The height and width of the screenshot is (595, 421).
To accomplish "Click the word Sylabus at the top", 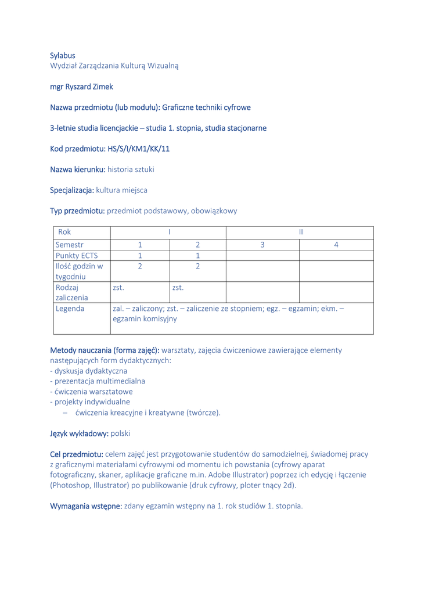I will (x=62, y=56).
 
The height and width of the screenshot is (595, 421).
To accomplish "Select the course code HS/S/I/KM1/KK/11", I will (x=138, y=149).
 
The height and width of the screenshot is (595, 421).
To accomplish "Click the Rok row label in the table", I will (x=63, y=232).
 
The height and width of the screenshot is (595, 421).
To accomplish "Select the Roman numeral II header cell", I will (x=300, y=232).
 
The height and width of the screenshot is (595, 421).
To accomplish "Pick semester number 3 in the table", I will (x=262, y=245).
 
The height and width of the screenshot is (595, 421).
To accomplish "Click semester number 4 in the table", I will (x=336, y=245).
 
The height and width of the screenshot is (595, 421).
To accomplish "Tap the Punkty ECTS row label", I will (x=76, y=256).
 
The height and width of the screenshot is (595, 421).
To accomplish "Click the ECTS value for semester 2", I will (x=197, y=256).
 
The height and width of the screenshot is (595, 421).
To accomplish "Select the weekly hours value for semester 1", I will (x=140, y=266).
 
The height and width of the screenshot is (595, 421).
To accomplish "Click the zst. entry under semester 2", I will (x=178, y=287).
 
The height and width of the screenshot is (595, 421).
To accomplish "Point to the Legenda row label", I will (x=70, y=309).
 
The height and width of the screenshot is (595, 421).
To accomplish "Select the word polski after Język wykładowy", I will (x=120, y=433).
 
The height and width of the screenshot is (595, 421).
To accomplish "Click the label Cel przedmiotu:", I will (x=77, y=454).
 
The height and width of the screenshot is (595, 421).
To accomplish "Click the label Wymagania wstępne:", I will (x=87, y=506).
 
